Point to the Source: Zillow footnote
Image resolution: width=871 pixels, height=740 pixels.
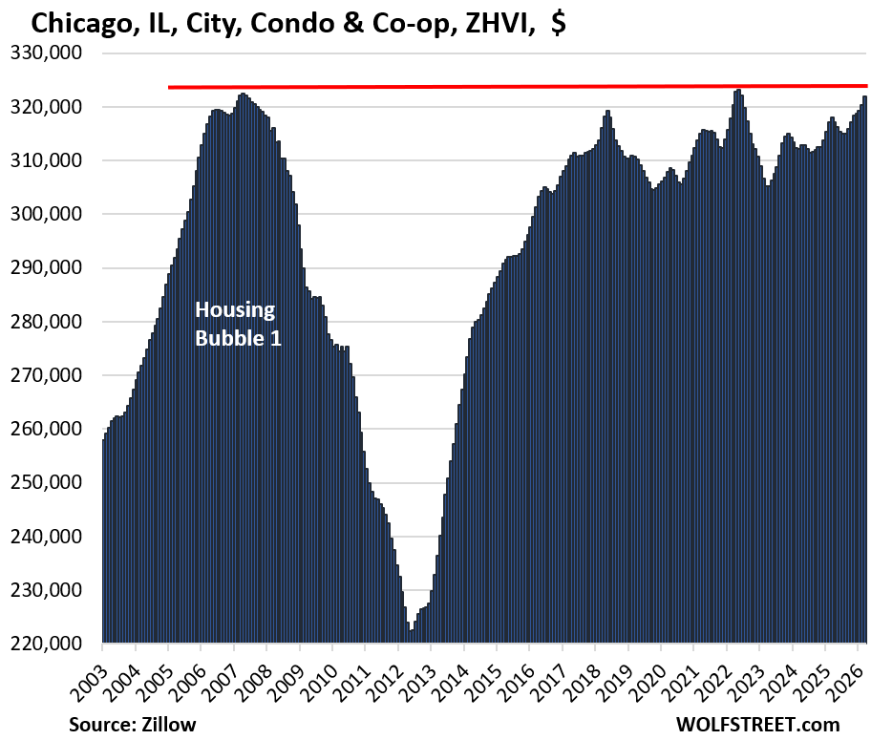click(132, 724)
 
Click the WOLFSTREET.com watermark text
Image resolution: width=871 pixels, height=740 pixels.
click(758, 724)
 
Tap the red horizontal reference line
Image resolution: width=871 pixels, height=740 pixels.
click(516, 87)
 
